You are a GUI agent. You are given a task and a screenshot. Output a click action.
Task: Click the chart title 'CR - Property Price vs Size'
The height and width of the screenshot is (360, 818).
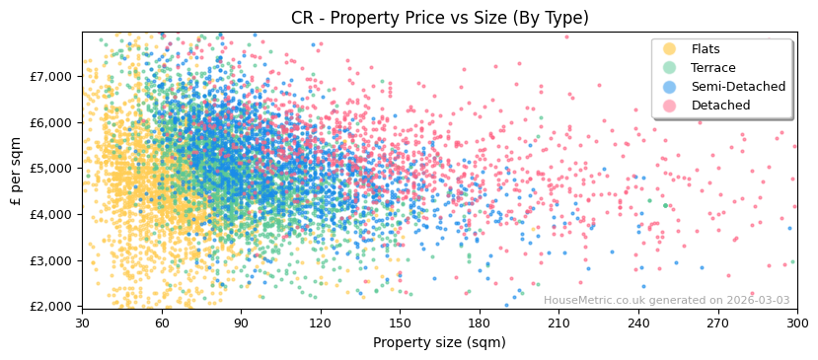point(439,18)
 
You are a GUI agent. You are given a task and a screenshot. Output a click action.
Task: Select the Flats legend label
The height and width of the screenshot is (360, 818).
point(706,49)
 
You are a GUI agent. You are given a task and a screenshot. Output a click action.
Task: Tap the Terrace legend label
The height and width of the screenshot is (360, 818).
point(711,68)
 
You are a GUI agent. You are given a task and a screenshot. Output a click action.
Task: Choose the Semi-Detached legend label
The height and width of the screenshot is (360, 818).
point(738,87)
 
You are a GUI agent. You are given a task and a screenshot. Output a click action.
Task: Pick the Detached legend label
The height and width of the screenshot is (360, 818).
point(720,106)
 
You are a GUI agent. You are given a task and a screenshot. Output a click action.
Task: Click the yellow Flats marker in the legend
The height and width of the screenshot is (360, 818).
point(670,49)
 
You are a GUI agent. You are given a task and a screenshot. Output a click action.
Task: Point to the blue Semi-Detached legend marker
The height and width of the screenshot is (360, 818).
point(670,87)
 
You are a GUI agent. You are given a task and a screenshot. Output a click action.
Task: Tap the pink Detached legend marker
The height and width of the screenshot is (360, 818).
point(670,106)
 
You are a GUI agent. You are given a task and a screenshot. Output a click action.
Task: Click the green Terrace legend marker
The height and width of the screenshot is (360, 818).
point(670,68)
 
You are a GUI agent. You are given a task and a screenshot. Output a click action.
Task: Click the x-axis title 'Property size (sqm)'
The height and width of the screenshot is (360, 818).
point(439,343)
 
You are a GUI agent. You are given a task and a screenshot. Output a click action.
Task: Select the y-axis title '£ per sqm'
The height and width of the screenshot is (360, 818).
point(16,169)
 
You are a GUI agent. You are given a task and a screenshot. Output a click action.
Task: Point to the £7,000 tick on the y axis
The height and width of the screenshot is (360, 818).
point(51,76)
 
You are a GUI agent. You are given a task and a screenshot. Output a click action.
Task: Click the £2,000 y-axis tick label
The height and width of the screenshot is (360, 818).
point(51,307)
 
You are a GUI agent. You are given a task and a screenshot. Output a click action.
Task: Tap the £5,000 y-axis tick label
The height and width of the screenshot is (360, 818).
point(51,169)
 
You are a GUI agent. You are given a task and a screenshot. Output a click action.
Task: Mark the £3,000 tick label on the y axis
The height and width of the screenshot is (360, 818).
point(51,260)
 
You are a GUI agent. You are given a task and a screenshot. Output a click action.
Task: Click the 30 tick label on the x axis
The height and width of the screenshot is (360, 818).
point(82,323)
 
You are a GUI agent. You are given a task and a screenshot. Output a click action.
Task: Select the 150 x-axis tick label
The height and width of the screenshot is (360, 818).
point(400,323)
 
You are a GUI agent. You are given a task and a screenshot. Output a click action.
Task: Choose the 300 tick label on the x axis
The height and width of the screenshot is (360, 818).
point(796,323)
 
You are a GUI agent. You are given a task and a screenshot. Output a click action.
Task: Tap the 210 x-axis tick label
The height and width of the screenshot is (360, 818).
point(558,323)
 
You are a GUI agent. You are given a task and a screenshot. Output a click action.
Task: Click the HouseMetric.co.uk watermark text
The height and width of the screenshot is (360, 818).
point(666,301)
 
